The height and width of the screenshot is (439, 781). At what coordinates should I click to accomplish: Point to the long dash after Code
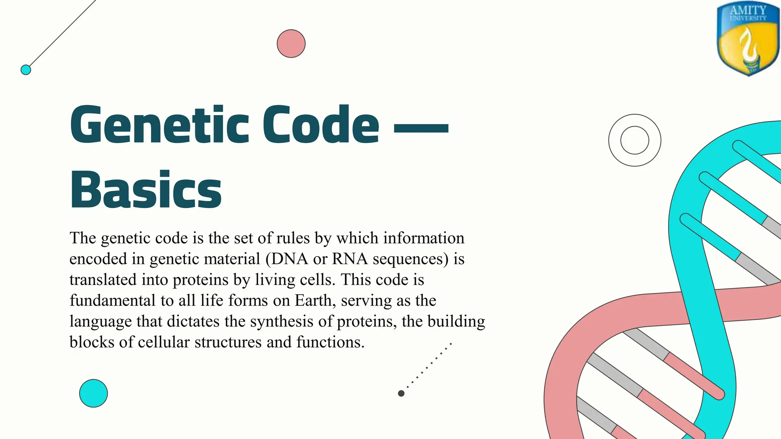[421, 128]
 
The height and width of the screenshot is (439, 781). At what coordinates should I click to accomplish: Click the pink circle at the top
[291, 43]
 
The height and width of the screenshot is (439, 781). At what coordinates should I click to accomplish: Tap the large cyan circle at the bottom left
[93, 393]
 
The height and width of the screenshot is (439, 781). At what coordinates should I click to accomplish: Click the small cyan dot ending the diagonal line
[26, 70]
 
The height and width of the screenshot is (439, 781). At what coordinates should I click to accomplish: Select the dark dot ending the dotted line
[401, 393]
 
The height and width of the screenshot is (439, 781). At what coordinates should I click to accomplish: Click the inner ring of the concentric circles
[635, 140]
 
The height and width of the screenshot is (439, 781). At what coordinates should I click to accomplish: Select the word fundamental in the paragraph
[112, 300]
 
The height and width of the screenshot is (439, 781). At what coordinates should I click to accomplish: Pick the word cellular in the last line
[164, 342]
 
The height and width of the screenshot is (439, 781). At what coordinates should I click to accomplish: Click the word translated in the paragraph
[103, 280]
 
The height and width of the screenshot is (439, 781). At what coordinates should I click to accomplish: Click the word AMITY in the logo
[748, 10]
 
